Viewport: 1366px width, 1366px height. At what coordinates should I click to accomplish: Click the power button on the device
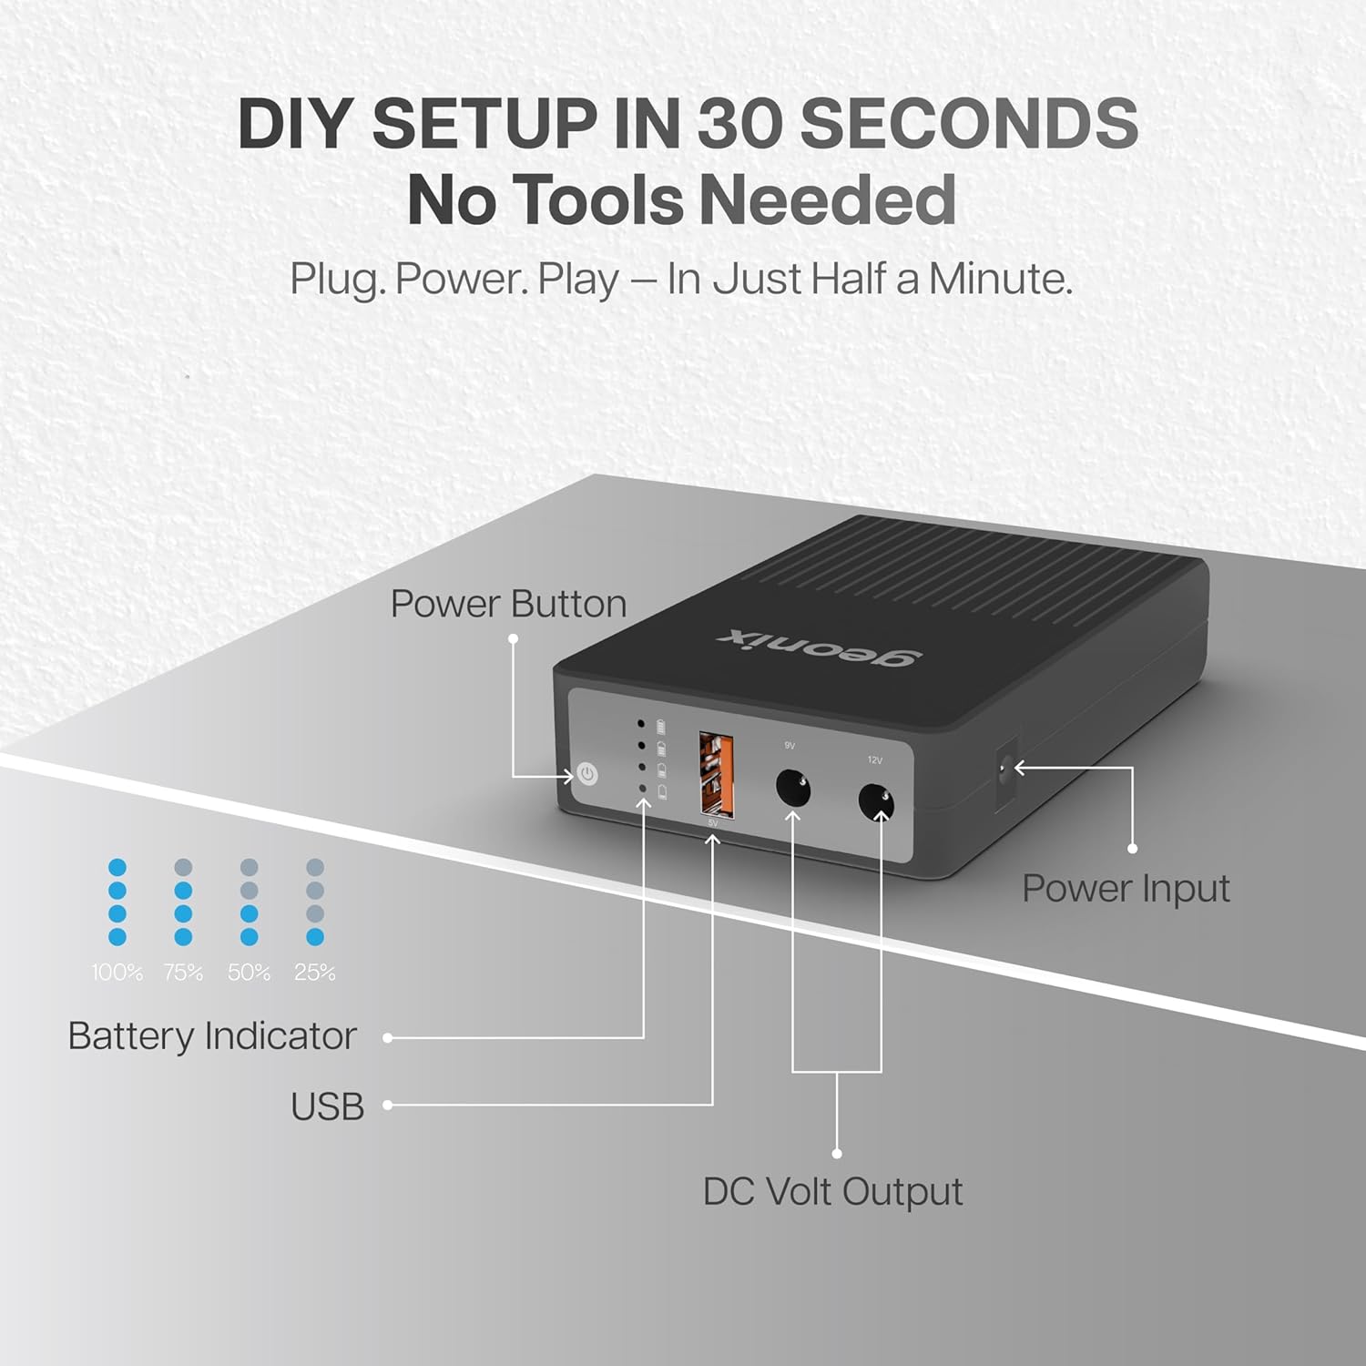tap(587, 775)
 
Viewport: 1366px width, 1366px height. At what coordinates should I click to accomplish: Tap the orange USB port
tap(716, 773)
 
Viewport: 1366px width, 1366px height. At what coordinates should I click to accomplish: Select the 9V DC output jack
tap(792, 787)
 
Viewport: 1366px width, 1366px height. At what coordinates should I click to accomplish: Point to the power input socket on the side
tap(1005, 770)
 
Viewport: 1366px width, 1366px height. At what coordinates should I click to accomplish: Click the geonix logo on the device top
tap(820, 647)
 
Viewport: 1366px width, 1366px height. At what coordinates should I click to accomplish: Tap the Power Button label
tap(508, 604)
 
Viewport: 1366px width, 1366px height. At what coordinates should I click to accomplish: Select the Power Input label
tap(1126, 888)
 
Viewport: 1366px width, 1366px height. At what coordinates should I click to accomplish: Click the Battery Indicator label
tap(212, 1036)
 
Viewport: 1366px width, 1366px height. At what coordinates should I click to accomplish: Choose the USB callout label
tap(327, 1106)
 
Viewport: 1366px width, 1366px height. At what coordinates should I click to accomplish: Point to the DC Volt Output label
tap(832, 1191)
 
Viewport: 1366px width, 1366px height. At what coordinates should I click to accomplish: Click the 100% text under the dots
tap(117, 973)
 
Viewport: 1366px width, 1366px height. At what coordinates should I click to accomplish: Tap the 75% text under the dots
tap(183, 973)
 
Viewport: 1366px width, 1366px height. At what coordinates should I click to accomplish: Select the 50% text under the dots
tap(249, 973)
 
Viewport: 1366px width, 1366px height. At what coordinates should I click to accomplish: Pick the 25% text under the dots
tap(315, 973)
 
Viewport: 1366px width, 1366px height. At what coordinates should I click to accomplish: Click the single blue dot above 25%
tap(315, 936)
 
